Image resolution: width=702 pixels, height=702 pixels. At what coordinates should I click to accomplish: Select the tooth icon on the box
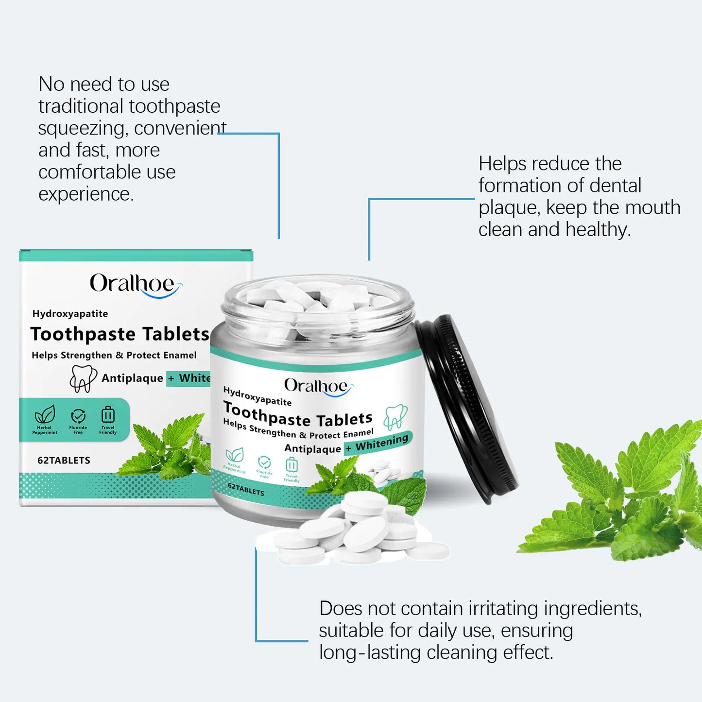pyautogui.click(x=83, y=378)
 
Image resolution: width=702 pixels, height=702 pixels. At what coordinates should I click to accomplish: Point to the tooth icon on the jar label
pyautogui.click(x=395, y=416)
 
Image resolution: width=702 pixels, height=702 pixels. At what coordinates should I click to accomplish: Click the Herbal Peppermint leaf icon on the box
pyautogui.click(x=45, y=415)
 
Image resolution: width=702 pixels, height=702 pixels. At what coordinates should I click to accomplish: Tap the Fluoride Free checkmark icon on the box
pyautogui.click(x=78, y=416)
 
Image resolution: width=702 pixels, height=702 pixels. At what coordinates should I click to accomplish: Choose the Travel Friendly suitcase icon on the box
pyautogui.click(x=108, y=415)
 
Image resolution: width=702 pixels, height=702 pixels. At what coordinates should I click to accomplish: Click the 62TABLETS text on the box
pyautogui.click(x=64, y=461)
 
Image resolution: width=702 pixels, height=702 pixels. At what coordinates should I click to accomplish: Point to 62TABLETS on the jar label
pyautogui.click(x=246, y=489)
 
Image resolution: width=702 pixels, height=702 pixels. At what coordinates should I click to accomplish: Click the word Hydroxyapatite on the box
pyautogui.click(x=70, y=314)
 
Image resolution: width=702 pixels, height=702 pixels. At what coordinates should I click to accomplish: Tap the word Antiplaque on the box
pyautogui.click(x=132, y=378)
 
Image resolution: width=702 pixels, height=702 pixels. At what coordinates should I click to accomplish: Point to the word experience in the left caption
pyautogui.click(x=85, y=194)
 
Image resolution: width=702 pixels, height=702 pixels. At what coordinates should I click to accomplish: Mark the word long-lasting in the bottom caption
pyautogui.click(x=370, y=652)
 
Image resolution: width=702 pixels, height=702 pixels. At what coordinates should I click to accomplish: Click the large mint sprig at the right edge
pyautogui.click(x=622, y=496)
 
